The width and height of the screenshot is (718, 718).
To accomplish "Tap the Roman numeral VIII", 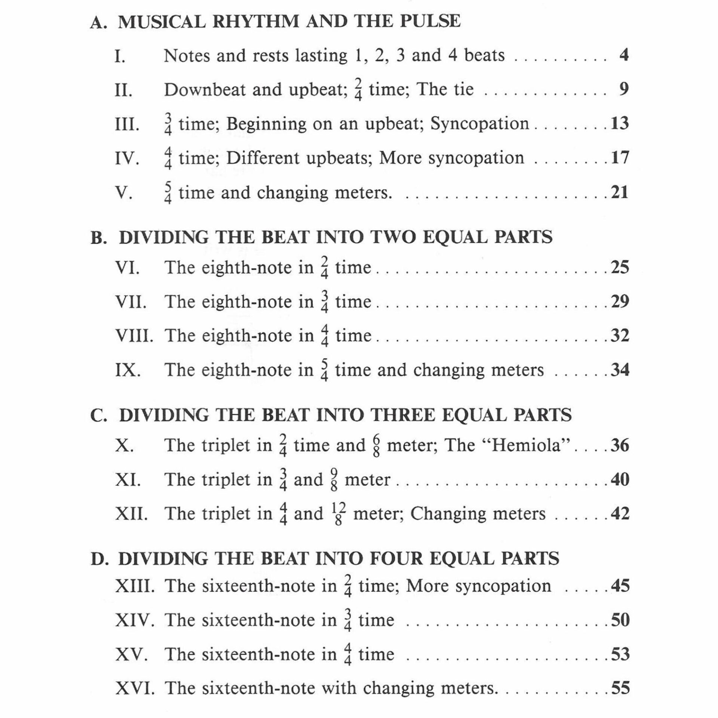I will pos(134,335).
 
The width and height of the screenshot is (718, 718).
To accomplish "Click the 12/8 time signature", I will pos(338,514).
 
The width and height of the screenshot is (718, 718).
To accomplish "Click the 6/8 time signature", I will pos(376,446).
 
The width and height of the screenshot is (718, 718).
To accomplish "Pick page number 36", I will pos(620,445).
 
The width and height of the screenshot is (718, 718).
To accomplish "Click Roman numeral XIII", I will pos(135,586).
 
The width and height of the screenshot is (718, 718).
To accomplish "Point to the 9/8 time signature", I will pos(334,480).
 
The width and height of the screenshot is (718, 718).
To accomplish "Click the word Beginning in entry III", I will pos(266,124).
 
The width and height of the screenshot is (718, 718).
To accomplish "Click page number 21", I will pos(620,192).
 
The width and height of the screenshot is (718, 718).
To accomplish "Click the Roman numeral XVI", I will pos(135,688).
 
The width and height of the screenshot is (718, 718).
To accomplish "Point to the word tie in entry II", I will pos(463,89).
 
